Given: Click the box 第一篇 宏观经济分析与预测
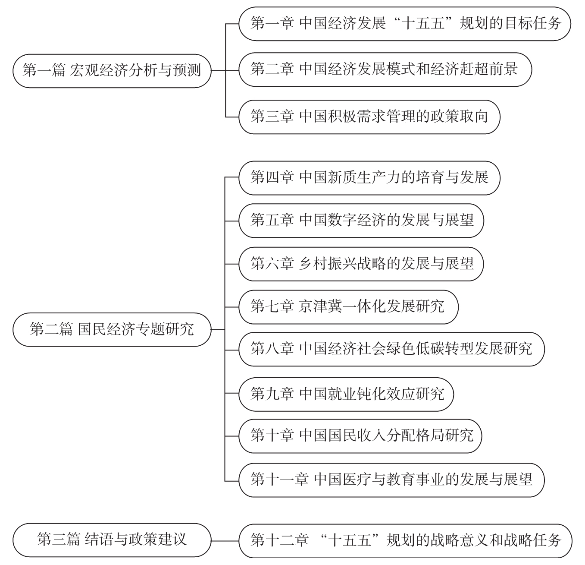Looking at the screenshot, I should [x=112, y=70].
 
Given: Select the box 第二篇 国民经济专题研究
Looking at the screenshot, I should [x=112, y=329].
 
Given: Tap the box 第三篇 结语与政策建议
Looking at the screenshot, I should [x=112, y=540].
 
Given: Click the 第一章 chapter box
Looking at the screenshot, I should [x=405, y=23].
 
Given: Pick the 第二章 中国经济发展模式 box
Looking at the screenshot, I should [x=385, y=69].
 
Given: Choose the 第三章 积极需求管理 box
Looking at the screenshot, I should [x=369, y=117].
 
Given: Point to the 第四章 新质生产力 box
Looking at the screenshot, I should [x=369, y=177].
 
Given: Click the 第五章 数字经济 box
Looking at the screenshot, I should [x=361, y=220].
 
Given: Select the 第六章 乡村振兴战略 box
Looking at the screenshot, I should [x=361, y=263].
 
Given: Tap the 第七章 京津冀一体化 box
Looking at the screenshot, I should [x=348, y=306].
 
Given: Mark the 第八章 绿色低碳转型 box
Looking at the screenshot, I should [x=391, y=349].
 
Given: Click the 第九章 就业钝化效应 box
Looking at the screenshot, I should [x=346, y=394].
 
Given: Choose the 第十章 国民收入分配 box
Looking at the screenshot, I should [x=360, y=436].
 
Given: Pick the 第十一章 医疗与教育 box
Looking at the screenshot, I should [x=391, y=479].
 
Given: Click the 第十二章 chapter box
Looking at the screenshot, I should [x=405, y=540].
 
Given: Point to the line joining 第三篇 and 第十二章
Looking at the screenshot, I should [x=225, y=540].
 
